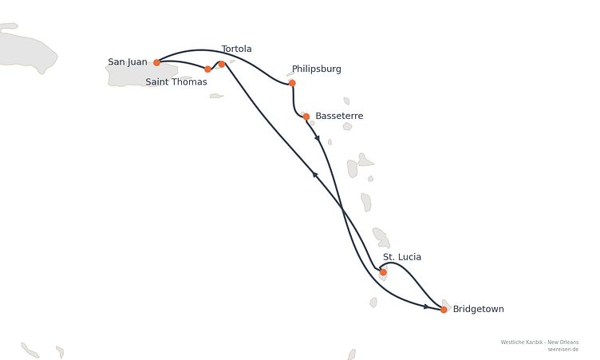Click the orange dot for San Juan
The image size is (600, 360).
click(156, 62)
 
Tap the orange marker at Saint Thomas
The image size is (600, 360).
click(207, 69)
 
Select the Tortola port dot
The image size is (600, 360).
click(222, 64)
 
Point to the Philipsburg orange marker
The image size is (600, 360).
click(292, 83)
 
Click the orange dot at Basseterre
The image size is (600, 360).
click(306, 117)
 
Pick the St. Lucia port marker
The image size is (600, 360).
click(383, 272)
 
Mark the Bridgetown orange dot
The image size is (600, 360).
click(444, 310)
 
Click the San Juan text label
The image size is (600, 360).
click(128, 61)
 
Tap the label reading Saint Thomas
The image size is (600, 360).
click(176, 81)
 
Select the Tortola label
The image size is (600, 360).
click(236, 49)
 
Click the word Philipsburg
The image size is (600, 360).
click(317, 69)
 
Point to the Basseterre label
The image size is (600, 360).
click(339, 116)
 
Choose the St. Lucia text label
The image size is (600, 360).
click(402, 257)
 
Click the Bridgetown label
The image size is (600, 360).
click(478, 309)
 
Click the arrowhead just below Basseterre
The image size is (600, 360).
click(318, 137)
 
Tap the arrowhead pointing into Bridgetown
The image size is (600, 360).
click(426, 307)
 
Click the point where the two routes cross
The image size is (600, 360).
click(342, 209)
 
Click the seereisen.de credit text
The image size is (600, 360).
click(562, 350)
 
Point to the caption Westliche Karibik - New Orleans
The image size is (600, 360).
click(539, 342)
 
